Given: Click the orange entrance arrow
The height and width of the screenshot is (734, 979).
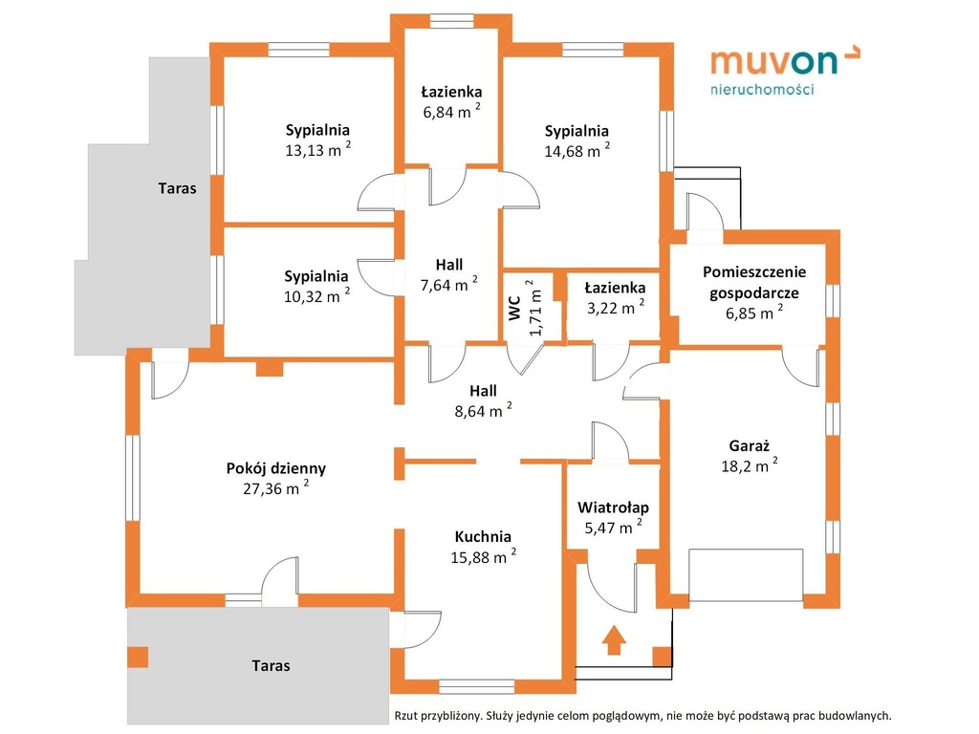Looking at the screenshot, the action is point(614,639).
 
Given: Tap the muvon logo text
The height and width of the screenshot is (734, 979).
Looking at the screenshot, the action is point(773,62).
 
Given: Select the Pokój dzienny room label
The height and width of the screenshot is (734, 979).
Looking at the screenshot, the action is point(276,468).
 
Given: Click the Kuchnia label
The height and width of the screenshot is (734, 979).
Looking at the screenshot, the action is point(483,537).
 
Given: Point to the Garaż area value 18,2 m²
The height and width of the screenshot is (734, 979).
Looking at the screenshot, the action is point(750,465).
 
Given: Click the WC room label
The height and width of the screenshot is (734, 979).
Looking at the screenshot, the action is point(514,309).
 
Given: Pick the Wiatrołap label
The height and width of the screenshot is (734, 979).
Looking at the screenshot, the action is point(613,507).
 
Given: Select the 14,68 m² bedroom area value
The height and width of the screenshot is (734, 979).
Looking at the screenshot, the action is point(577,150).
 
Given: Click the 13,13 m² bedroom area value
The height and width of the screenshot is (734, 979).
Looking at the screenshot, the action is point(317,150).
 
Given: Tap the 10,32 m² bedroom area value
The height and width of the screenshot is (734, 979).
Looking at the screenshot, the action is point(316,296).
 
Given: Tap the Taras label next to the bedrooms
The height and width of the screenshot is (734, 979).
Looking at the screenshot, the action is point(177,188).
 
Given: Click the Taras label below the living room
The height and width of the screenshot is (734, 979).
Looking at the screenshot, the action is point(271,666).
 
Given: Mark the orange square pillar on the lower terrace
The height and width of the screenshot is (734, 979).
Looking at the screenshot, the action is point(138,658).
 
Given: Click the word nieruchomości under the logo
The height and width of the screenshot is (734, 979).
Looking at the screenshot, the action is point(762,89).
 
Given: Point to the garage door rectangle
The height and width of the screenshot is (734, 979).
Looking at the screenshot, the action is point(746,574).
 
